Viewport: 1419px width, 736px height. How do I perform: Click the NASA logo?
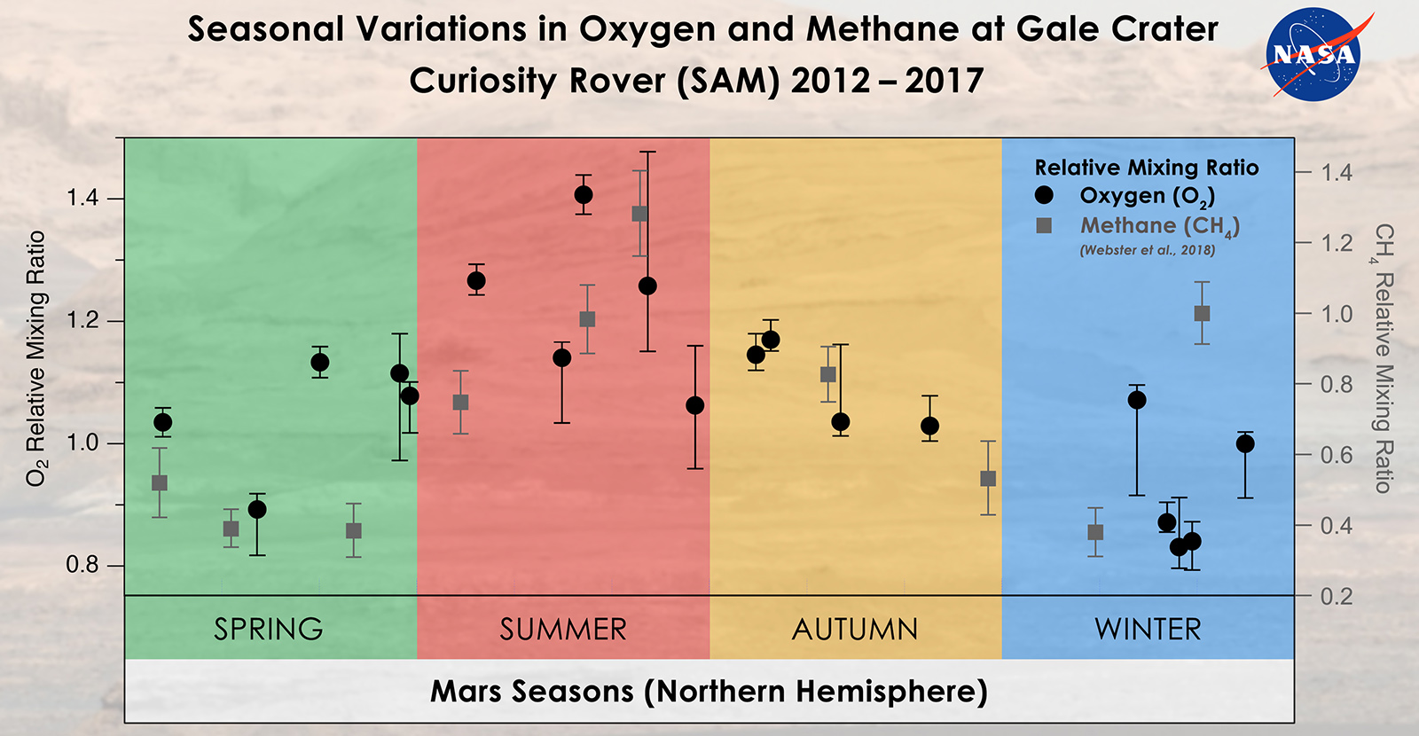point(1314,55)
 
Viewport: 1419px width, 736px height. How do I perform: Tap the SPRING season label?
point(269,629)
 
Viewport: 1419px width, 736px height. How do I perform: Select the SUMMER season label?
point(563,629)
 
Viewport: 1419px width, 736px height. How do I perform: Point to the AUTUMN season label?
point(855,629)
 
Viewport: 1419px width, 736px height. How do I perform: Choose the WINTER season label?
point(1148,629)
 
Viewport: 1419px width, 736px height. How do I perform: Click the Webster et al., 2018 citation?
point(1147,250)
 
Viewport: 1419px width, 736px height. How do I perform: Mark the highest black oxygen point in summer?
point(584,195)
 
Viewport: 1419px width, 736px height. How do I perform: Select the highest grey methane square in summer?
point(639,214)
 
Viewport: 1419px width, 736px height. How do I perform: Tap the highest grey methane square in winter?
point(1202,313)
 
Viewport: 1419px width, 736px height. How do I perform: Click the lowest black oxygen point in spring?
point(257,509)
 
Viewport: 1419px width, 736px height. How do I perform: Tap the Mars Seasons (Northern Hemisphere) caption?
point(709,691)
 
